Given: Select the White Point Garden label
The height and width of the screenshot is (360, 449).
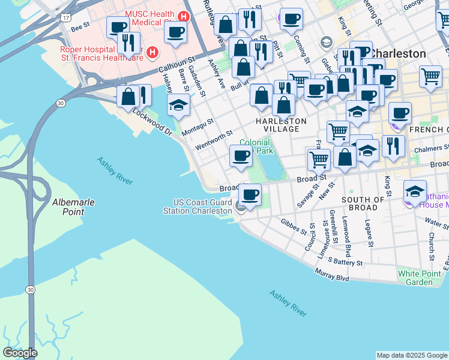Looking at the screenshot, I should pyautogui.click(x=423, y=278).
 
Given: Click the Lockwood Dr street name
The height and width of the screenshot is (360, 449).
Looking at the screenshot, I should pyautogui.click(x=152, y=122).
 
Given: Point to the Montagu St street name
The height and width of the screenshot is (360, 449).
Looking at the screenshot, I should pyautogui.click(x=197, y=127).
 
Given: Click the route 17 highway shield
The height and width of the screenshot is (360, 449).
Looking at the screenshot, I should pyautogui.click(x=64, y=17).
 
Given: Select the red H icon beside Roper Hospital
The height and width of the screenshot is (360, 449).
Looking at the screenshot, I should pyautogui.click(x=152, y=53).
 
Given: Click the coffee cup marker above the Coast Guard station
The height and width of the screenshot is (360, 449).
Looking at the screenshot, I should pyautogui.click(x=250, y=195).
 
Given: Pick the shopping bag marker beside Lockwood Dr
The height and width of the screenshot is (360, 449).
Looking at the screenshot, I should pyautogui.click(x=128, y=96).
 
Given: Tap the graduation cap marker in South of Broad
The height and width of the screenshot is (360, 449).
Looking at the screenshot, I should pyautogui.click(x=415, y=192).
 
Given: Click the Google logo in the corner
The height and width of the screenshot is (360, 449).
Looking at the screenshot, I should pyautogui.click(x=20, y=353).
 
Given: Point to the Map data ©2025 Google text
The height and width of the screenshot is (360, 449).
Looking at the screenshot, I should pyautogui.click(x=412, y=355).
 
